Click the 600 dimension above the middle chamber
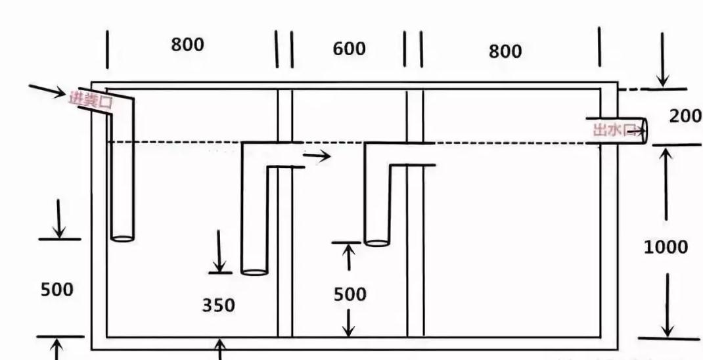[349, 49]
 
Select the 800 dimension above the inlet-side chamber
[188, 45]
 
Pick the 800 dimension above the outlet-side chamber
[505, 51]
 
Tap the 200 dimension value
[685, 116]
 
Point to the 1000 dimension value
[666, 247]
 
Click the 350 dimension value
[218, 305]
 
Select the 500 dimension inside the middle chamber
[350, 294]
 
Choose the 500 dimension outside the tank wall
[57, 290]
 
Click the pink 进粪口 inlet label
[92, 100]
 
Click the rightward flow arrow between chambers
[317, 156]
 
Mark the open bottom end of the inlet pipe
[122, 237]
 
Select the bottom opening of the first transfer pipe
[254, 271]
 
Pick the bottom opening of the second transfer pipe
[377, 242]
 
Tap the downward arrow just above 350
[219, 252]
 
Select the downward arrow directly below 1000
[668, 305]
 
